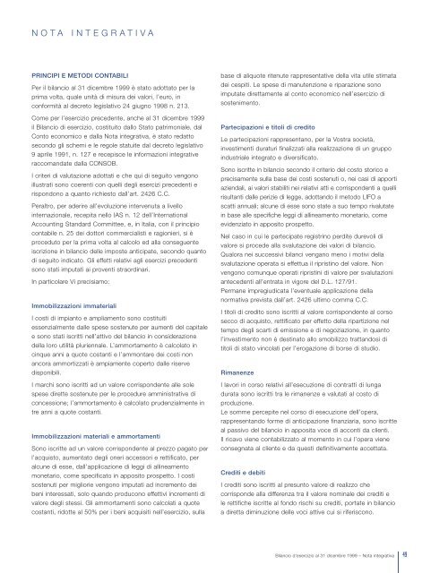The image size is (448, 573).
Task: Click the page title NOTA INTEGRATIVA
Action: pyautogui.click(x=87, y=33)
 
